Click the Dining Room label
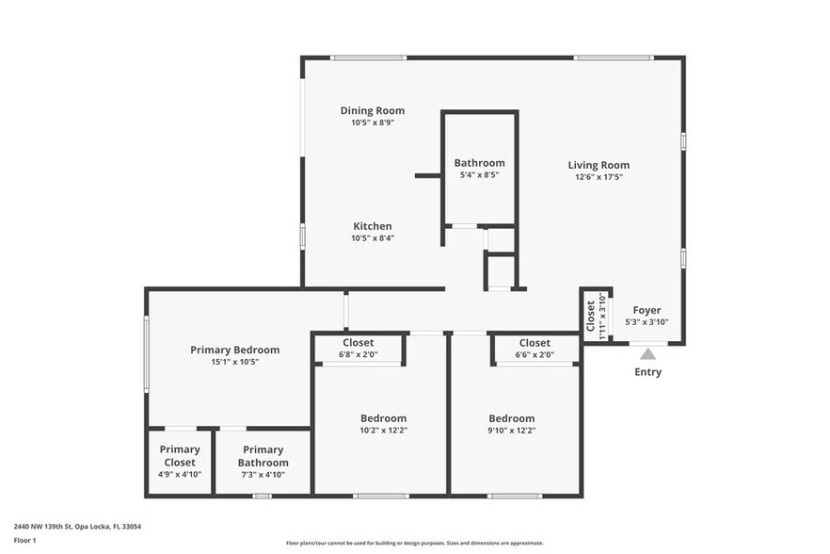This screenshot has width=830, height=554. [373, 110]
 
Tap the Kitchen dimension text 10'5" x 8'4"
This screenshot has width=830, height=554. [373, 238]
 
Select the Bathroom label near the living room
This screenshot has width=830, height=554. [479, 162]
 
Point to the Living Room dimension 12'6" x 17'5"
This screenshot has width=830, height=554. [598, 176]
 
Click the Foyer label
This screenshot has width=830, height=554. [646, 310]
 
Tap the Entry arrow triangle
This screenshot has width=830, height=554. [647, 354]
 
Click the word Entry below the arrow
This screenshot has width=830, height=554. [647, 372]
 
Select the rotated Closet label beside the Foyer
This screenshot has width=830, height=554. [591, 316]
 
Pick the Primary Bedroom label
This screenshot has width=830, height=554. [234, 350]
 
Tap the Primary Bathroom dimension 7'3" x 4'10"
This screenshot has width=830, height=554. [263, 475]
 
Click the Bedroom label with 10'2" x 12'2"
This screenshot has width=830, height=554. [383, 418]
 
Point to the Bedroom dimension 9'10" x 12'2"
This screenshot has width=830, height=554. [511, 431]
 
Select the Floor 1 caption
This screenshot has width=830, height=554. [24, 540]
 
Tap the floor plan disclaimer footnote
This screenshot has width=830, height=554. [414, 543]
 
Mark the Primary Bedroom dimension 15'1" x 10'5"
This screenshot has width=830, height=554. [234, 362]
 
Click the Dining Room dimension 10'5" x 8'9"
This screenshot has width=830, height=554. [373, 122]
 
